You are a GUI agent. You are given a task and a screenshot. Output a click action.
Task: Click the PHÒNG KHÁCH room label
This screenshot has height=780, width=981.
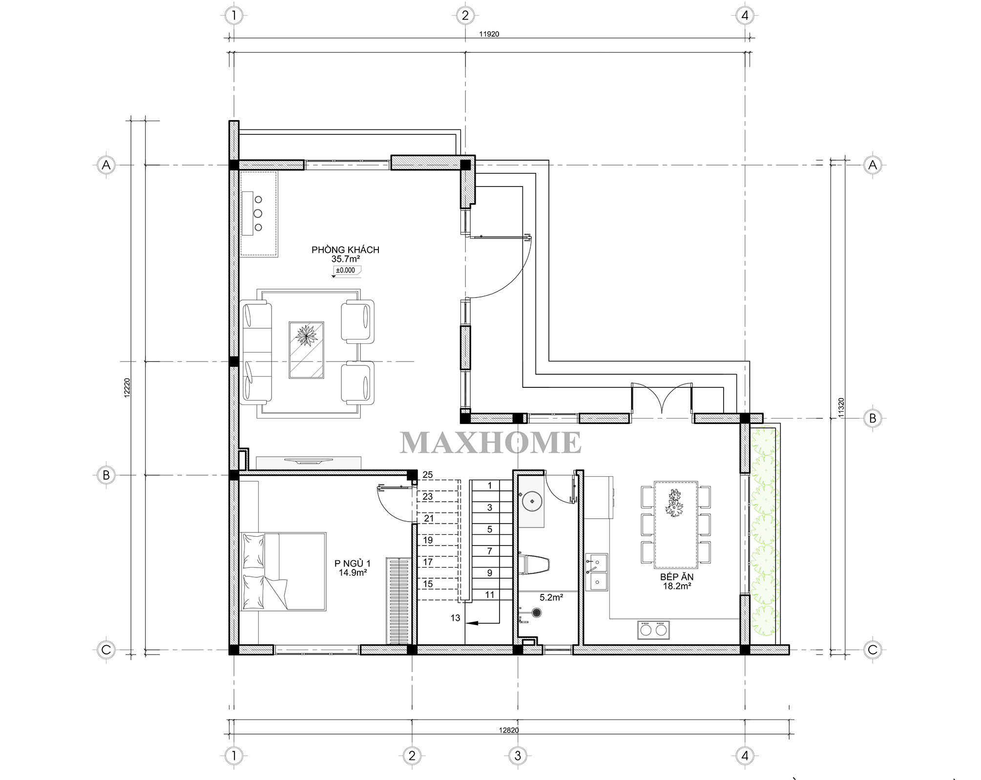coord(345,250)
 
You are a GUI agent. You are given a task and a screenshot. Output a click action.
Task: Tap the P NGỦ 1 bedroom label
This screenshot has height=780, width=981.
coord(353,564)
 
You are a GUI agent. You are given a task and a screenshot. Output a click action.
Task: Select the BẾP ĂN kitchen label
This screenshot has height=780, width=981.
coord(677,577)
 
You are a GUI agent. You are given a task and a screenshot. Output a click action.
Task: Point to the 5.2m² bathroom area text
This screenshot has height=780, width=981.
coord(551,597)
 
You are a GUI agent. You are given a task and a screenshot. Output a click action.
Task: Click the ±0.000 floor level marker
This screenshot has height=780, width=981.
coord(346,270)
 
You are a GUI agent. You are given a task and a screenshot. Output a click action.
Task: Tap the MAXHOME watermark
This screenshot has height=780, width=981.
coord(491,443)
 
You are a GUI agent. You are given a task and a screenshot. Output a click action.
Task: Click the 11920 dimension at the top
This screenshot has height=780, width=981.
coord(489,34)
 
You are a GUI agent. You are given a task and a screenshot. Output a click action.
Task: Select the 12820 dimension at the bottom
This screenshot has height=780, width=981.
coord(509,730)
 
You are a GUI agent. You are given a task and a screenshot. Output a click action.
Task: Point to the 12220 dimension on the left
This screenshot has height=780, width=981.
coord(127,388)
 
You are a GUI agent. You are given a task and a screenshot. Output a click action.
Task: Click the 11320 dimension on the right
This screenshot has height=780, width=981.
coord(840,407)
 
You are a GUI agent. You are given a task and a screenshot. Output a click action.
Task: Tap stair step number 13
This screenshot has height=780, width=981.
coord(455,618)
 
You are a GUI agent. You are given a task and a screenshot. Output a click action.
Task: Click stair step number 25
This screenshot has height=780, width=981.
coord(428,475)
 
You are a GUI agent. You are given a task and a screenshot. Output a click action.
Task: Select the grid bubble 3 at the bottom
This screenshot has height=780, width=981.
coord(518,756)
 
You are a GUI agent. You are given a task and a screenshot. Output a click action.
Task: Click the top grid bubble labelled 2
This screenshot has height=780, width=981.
coord(465,16)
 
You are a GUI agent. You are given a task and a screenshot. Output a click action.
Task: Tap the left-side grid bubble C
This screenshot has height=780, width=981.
coord(106,650)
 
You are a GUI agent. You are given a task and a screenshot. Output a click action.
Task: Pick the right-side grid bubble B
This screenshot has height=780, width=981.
coord(873,419)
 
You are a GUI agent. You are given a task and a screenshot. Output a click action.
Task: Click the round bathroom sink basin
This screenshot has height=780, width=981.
coord(531,501)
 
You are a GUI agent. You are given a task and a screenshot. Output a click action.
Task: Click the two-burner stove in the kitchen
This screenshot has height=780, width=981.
coord(653,630)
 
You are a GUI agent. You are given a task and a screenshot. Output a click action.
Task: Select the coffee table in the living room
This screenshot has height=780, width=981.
coord(306,350)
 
